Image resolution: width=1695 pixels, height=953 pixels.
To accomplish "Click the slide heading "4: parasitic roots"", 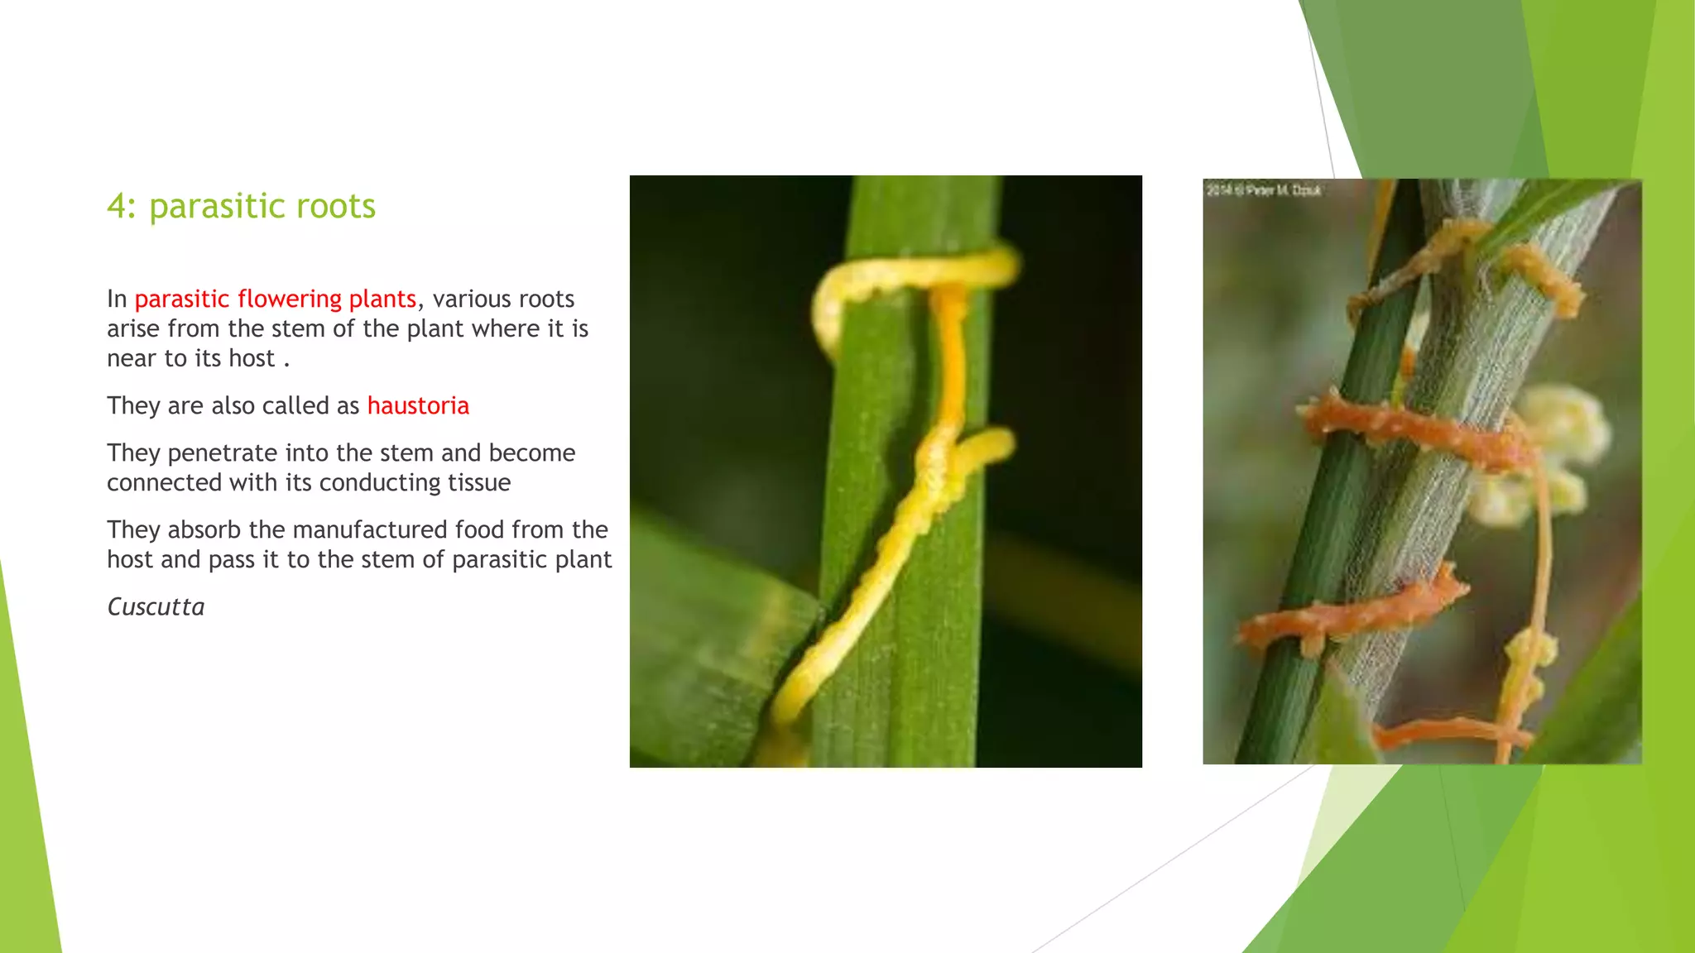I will click(x=241, y=206).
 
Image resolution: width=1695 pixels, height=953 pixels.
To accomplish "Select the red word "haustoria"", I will click(x=418, y=405).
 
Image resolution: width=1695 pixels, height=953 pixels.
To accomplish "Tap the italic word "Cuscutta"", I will click(x=156, y=607).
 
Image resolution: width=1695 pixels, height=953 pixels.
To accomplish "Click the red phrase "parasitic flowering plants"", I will click(x=275, y=299).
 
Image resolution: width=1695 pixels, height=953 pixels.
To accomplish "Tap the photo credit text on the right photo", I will click(x=1263, y=190).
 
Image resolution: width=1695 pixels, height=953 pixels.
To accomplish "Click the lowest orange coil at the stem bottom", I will click(x=1448, y=732).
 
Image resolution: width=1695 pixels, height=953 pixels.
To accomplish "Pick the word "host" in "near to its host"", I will click(x=252, y=359).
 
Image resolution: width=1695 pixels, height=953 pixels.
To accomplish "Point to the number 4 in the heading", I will click(x=117, y=206).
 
